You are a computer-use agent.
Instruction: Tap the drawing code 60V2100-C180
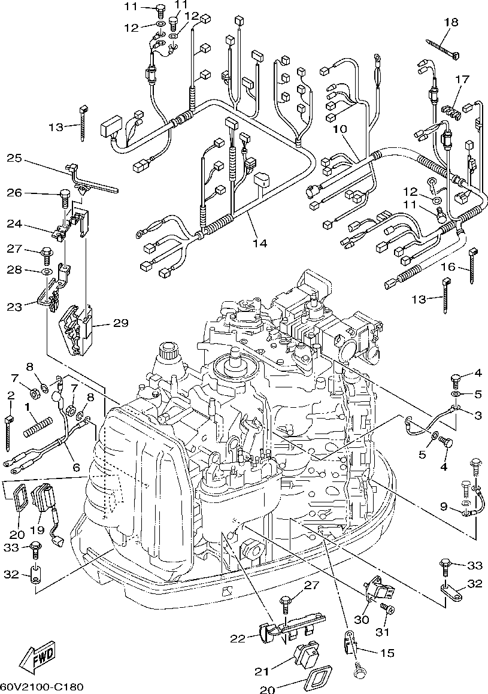coord(41,687)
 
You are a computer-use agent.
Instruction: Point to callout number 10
coord(341,129)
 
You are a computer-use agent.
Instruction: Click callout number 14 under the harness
coord(260,243)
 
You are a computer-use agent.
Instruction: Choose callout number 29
coord(120,323)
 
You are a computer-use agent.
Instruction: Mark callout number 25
coord(14,158)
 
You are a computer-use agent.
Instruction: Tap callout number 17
coord(450,80)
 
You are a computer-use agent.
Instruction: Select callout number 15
coord(387,653)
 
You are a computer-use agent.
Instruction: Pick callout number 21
coord(262,671)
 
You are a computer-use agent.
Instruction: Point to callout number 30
coord(362,619)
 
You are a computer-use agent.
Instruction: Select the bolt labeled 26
coord(65,198)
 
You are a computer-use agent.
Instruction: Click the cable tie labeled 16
coord(472,266)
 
